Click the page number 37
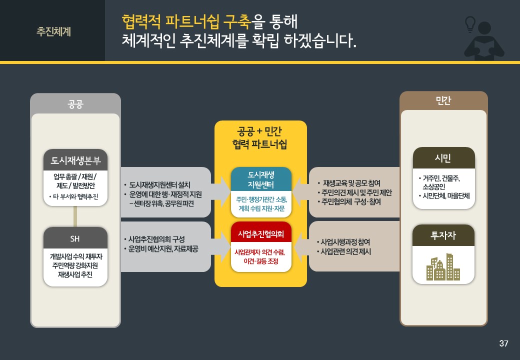[503, 343]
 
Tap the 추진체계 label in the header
[53, 31]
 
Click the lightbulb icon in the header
[470, 24]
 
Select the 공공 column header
[75, 104]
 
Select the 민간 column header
[443, 100]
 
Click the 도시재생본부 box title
[75, 160]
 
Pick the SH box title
[75, 238]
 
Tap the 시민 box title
[443, 158]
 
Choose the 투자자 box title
[443, 235]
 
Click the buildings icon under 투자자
[443, 267]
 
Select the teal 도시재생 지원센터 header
[261, 179]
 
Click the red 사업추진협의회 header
[261, 234]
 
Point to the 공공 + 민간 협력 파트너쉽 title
[260, 138]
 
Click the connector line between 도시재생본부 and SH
[75, 216]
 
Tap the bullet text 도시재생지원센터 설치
[159, 185]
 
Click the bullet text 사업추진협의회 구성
[156, 239]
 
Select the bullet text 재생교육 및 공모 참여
[351, 183]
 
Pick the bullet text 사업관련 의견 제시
[345, 251]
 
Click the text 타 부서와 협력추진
[75, 196]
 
